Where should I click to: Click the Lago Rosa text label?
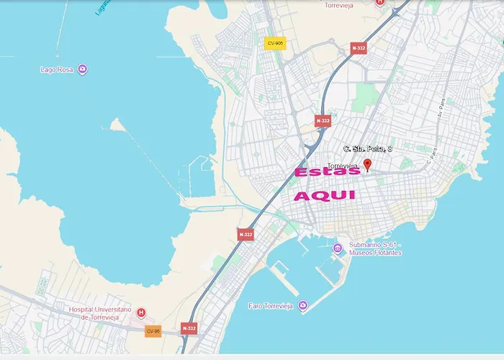click(x=58, y=70)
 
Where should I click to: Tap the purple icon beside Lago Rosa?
click(x=83, y=70)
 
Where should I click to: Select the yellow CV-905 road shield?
click(x=274, y=43)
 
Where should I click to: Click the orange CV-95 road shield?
click(x=153, y=331)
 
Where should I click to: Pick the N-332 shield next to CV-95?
click(x=189, y=328)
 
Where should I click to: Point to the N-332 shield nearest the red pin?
click(x=323, y=121)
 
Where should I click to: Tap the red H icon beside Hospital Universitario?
click(x=141, y=313)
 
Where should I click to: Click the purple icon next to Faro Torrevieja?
click(x=302, y=305)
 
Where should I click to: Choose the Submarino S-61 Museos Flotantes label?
click(x=374, y=249)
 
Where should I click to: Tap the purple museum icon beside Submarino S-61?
click(x=338, y=249)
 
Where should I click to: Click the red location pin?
click(x=367, y=166)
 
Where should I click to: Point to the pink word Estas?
click(x=328, y=173)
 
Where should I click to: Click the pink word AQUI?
click(x=325, y=195)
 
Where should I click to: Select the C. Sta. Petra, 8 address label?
click(x=367, y=149)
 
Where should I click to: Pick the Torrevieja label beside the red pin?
click(x=343, y=166)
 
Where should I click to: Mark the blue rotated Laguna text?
click(x=102, y=6)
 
